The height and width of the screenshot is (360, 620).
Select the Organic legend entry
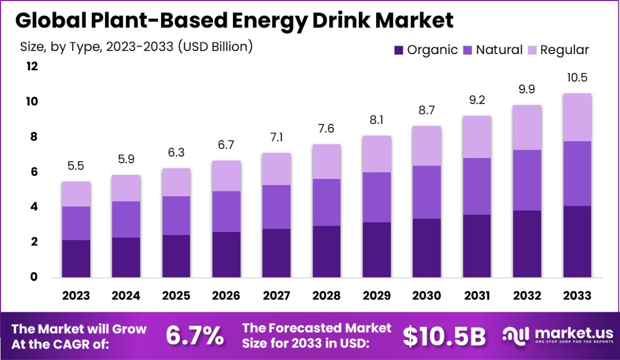tap(425, 50)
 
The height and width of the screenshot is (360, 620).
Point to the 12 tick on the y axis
tap(32, 66)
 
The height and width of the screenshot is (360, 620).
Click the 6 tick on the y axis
tap(32, 172)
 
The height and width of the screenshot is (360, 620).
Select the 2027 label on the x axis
tap(276, 296)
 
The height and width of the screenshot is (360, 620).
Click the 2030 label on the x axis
tap(426, 296)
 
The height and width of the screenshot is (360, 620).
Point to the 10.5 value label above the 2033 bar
tap(577, 78)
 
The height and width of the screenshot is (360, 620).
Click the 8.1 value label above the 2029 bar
tap(377, 121)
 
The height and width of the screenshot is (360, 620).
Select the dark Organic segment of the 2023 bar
tap(76, 259)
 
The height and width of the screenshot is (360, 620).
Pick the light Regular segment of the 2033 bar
tap(577, 117)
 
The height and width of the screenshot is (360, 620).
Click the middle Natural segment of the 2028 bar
tap(326, 202)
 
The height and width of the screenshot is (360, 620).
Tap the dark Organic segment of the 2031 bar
tap(476, 246)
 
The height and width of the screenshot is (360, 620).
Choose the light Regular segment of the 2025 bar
tap(176, 182)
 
